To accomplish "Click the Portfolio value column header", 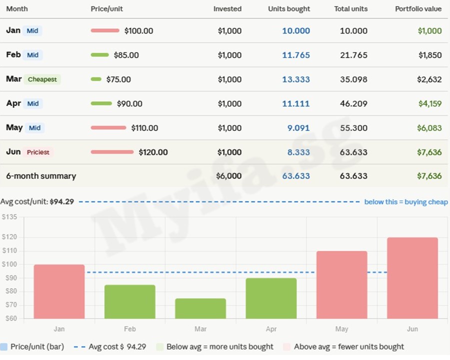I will coord(418,9).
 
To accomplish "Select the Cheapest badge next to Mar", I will coord(42,79).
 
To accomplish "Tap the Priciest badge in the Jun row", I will coord(38,152).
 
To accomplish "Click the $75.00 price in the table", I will coord(118,79).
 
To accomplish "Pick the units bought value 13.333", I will coord(295,79).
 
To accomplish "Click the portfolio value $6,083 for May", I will coord(429,128).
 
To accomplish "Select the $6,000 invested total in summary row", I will coord(228,176).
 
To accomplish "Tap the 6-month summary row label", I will coord(41,176).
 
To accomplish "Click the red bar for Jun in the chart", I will coord(412,278).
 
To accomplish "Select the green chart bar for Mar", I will coord(200,308).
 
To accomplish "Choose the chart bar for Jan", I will coord(59,291).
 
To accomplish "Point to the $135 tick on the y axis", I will coord(9,217).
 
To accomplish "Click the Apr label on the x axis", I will coord(271,329).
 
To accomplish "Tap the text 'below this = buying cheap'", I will coord(405,202).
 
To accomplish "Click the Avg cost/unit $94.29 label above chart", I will coord(37,202).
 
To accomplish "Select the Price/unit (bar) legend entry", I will coord(37,346).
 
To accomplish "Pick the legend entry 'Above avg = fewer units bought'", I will coord(348,346).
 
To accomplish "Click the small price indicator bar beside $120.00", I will coord(112,152).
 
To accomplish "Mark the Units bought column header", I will coord(288,9).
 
